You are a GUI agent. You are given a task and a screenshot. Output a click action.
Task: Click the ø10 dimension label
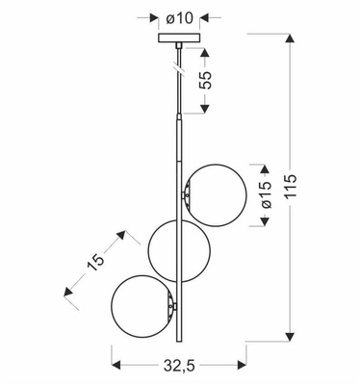(x=180, y=17)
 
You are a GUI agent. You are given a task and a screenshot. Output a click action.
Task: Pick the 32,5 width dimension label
(x=179, y=366)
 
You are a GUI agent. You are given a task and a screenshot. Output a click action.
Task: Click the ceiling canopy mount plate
(x=179, y=39)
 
